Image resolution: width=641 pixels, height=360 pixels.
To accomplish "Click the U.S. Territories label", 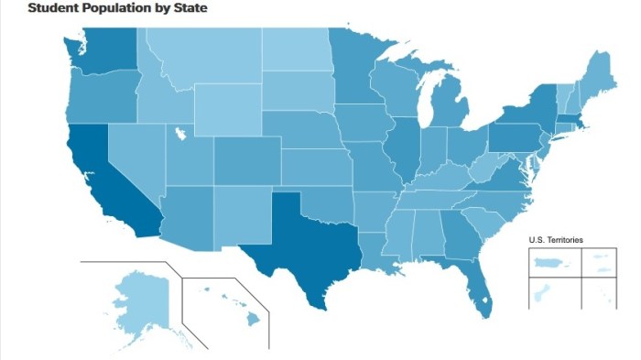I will [556, 240].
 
